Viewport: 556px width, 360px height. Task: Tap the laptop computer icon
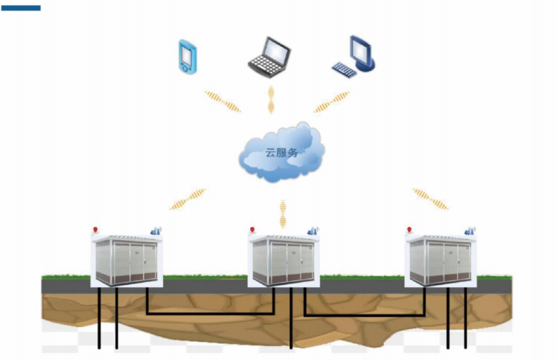269,57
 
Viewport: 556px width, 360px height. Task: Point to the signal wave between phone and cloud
222,101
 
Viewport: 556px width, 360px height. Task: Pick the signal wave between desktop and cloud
331,102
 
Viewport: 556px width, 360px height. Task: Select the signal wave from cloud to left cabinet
188,199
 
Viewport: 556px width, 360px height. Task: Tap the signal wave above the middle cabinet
282,213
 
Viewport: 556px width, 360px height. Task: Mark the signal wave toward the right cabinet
430,199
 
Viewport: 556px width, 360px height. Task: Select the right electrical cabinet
441,260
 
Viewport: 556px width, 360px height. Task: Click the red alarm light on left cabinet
95,229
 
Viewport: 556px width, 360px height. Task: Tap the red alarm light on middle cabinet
253,229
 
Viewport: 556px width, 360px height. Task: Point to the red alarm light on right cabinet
409,229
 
